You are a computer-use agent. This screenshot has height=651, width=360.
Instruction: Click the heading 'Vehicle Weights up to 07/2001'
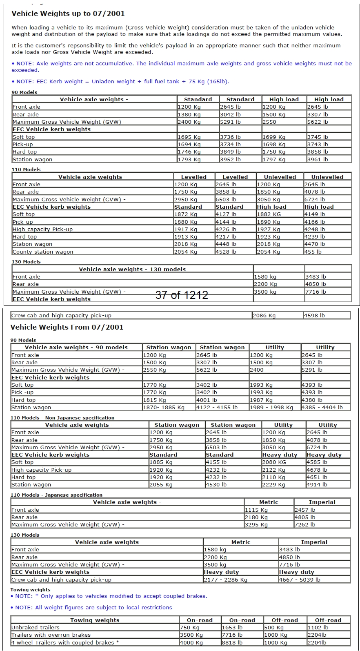tap(68, 13)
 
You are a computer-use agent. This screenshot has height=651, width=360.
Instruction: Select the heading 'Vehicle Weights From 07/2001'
tap(67, 327)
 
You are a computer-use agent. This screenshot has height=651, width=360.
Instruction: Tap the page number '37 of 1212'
tap(182, 295)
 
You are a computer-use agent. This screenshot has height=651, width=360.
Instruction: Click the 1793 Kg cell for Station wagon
tap(189, 160)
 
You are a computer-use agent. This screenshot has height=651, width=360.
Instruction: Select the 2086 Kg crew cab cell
tap(264, 316)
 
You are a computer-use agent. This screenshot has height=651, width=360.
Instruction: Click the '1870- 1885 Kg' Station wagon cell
tap(164, 408)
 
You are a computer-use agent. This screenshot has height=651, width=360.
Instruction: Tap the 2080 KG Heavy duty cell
tap(274, 462)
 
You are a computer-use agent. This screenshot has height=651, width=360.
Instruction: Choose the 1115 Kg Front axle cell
tap(256, 510)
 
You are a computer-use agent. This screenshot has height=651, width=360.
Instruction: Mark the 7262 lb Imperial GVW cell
tap(305, 525)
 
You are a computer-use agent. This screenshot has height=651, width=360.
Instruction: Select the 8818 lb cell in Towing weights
tap(232, 643)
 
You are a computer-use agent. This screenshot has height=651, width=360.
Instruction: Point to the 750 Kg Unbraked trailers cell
tap(190, 628)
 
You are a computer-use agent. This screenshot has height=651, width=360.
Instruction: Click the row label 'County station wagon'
tap(43, 252)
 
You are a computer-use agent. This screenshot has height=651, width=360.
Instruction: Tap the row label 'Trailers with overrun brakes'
tap(51, 635)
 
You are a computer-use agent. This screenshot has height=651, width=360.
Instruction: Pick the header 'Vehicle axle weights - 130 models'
tap(132, 270)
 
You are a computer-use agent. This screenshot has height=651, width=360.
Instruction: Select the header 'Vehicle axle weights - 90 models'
tap(76, 348)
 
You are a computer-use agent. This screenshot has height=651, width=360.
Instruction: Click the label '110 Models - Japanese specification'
tap(56, 495)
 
